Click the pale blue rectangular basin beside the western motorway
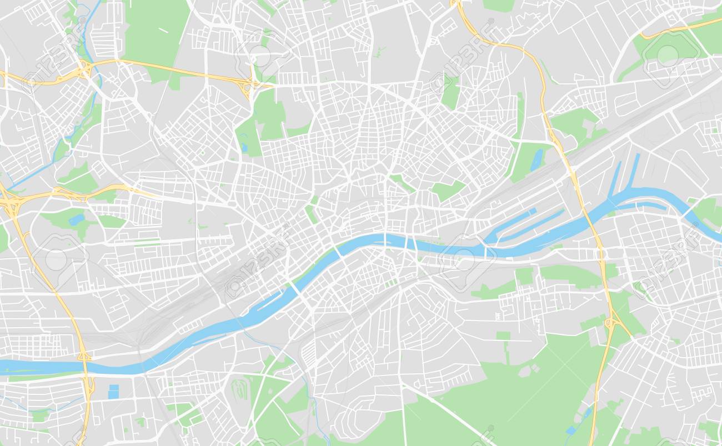(x=113, y=392)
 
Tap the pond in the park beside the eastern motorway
(x=537, y=159)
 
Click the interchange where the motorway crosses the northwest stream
(x=85, y=69)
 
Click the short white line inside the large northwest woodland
(x=164, y=30)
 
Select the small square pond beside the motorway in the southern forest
(x=571, y=430)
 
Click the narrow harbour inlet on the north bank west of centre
(x=272, y=303)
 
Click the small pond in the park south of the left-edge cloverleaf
(x=76, y=219)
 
